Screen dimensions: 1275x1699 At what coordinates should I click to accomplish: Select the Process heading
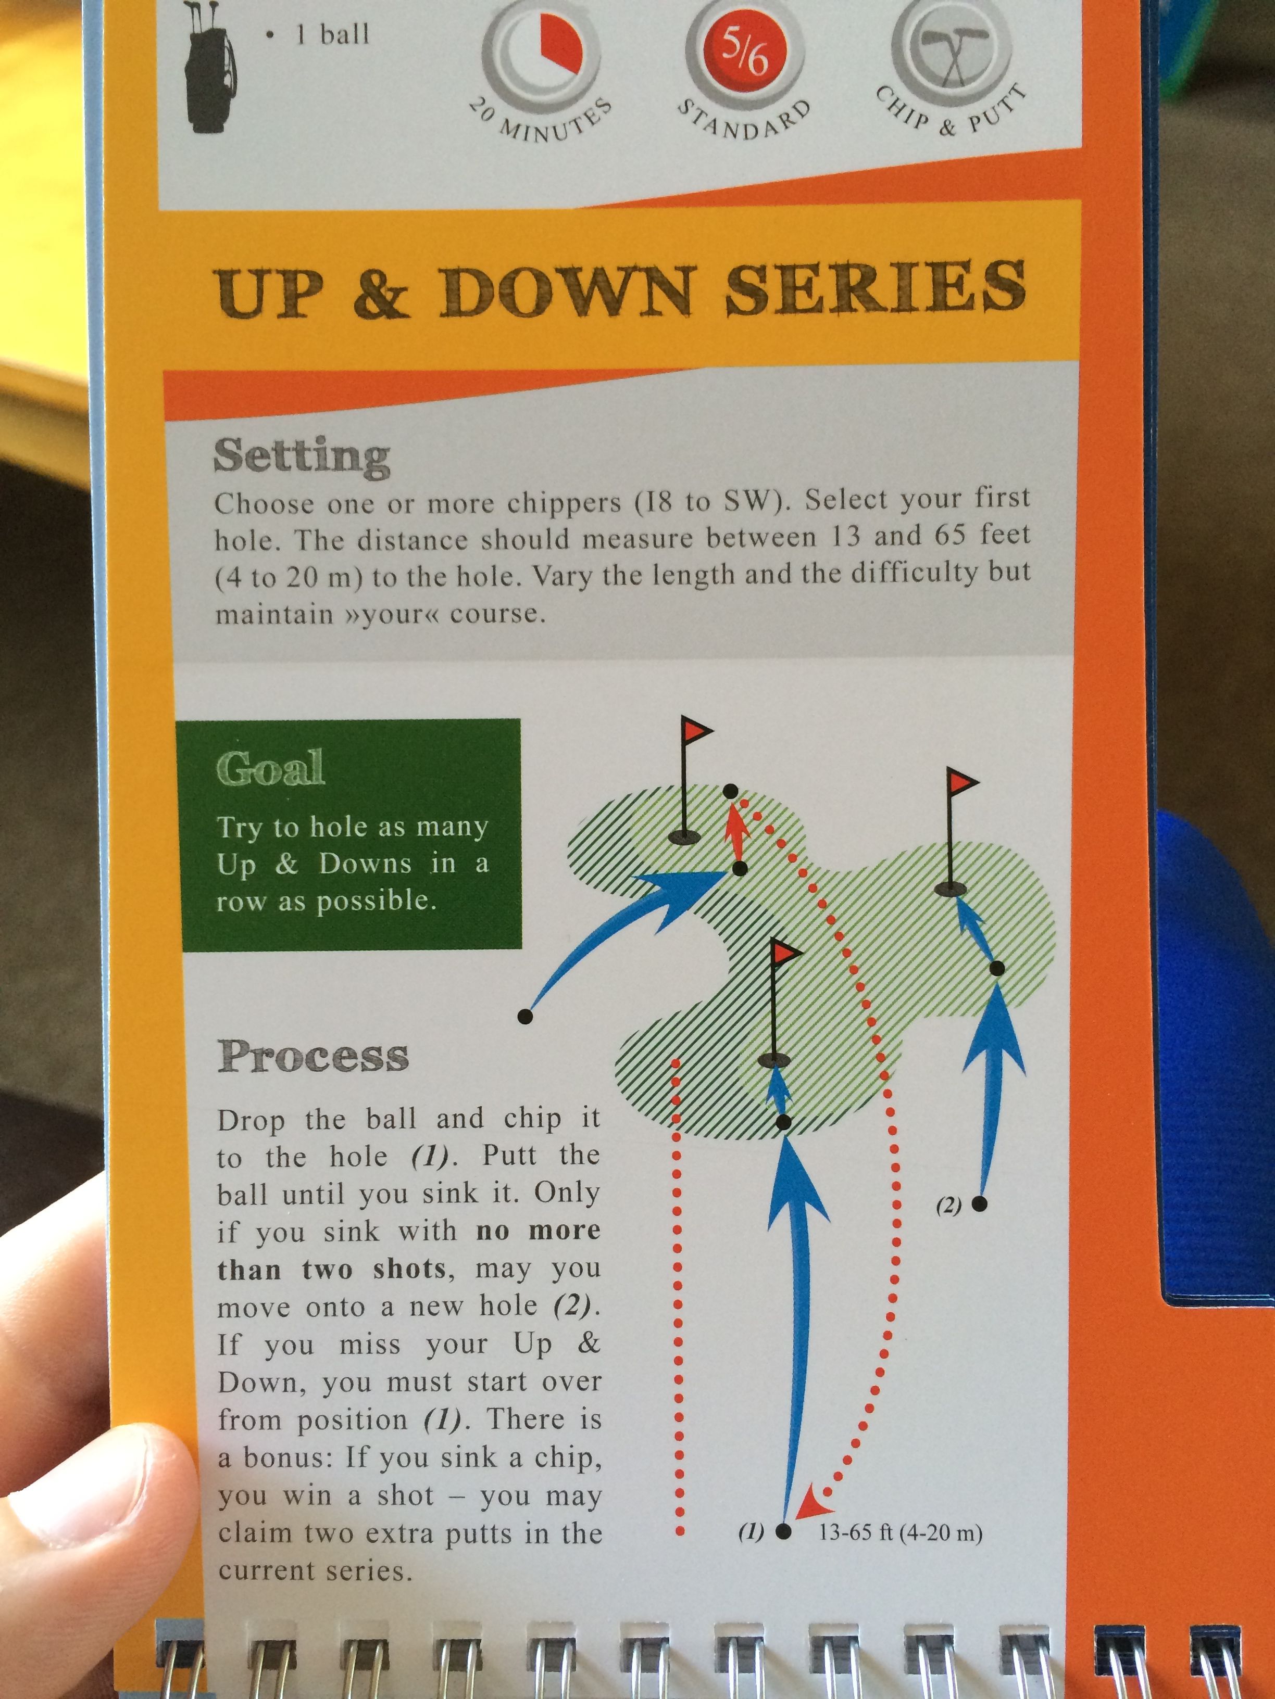tap(314, 1056)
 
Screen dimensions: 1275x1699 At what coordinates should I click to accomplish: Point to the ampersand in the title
tap(381, 294)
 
